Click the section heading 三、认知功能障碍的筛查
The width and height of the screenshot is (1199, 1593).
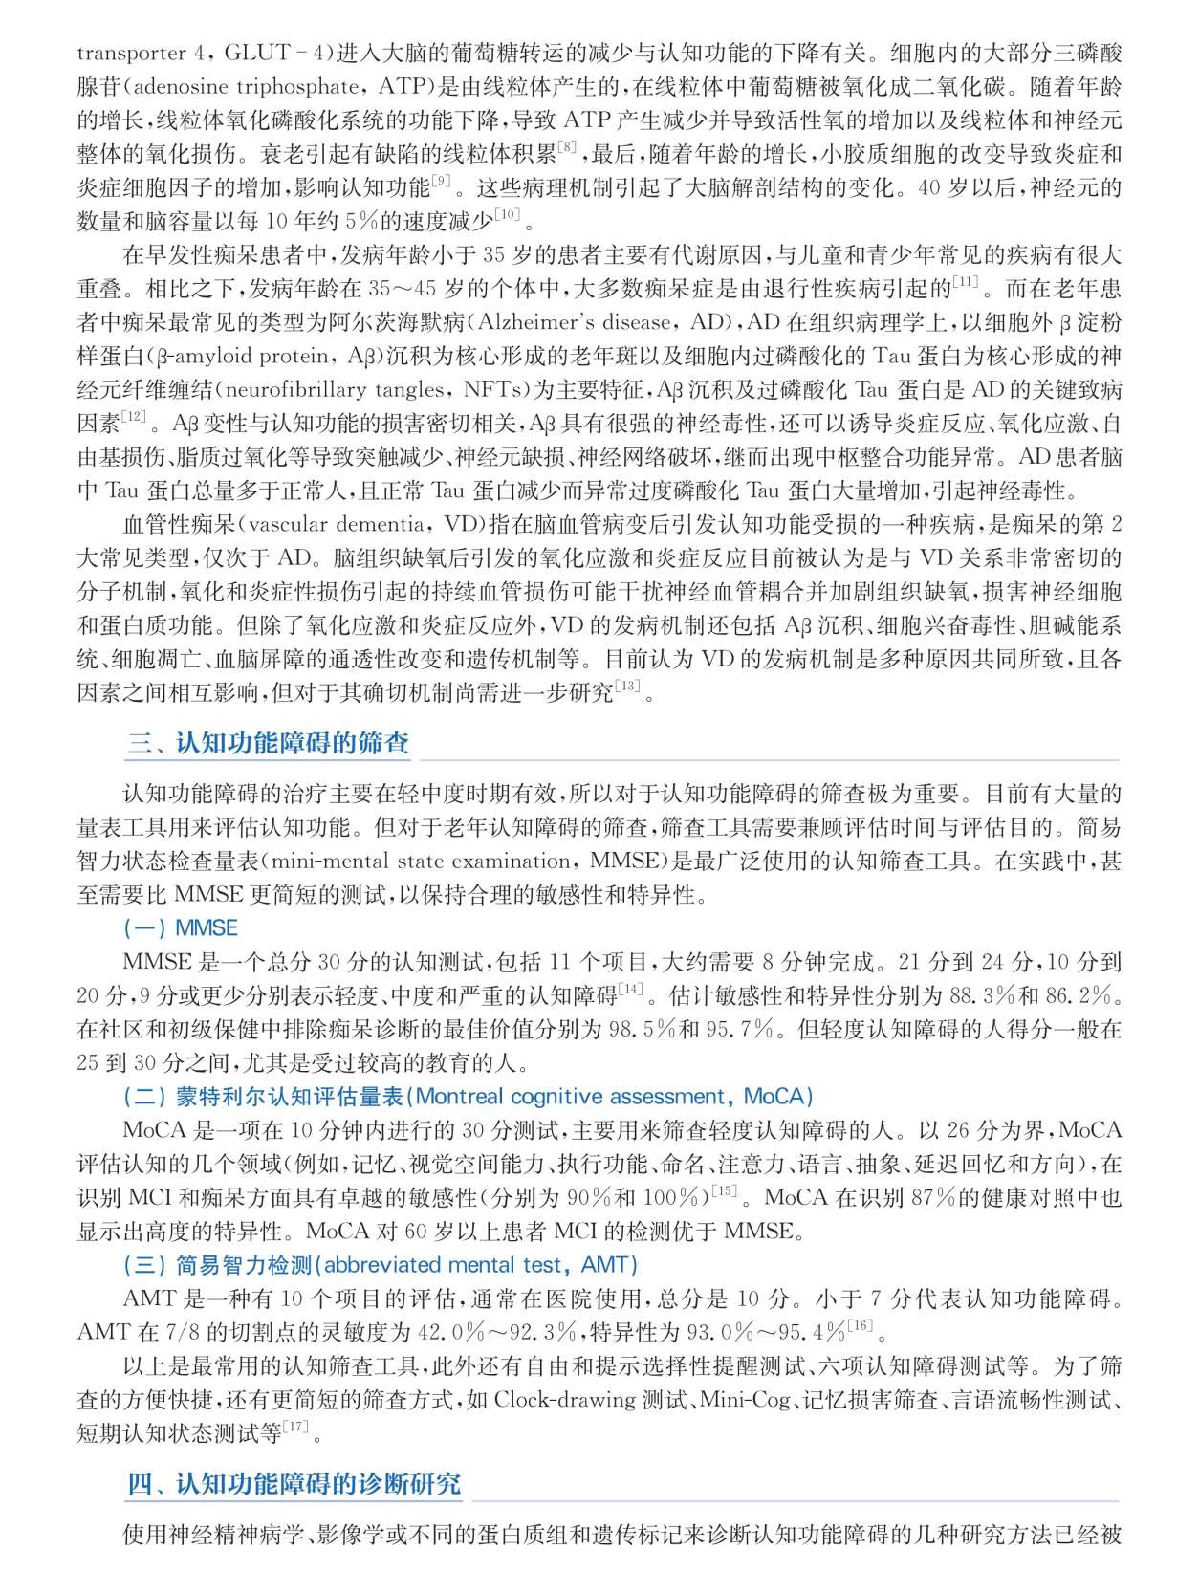tap(269, 744)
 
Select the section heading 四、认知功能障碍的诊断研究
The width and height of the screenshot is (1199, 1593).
tap(294, 1484)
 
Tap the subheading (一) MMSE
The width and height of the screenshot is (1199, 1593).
tap(181, 927)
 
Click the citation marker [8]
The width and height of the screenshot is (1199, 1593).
tap(566, 147)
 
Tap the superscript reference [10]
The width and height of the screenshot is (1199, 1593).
tap(507, 214)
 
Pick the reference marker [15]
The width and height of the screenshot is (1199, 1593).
tap(724, 1190)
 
